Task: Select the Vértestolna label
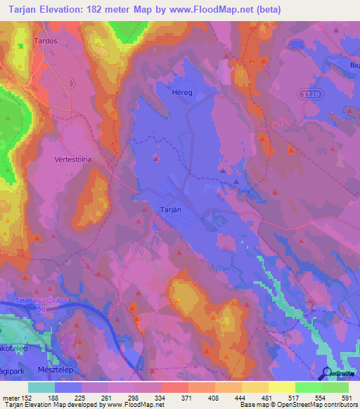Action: pyautogui.click(x=73, y=160)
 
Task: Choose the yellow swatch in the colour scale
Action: pyautogui.click(x=281, y=387)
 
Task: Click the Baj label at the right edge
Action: pyautogui.click(x=354, y=63)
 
